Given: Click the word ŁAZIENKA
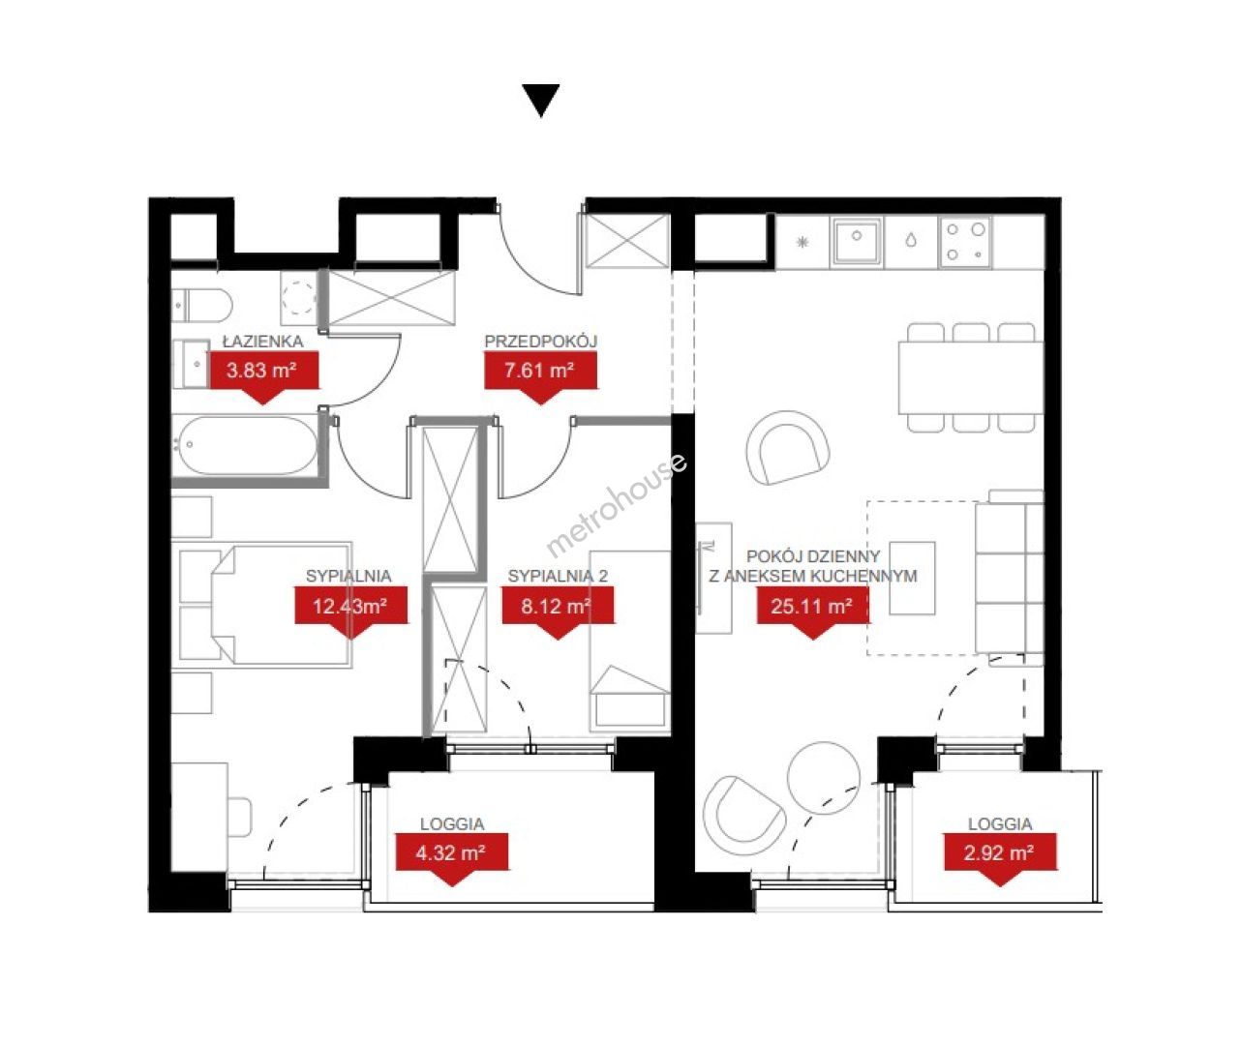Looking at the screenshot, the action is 262,341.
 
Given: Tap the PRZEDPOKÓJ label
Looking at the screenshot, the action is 540,341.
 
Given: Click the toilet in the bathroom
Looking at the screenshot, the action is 202,306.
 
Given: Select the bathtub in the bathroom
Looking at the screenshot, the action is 245,445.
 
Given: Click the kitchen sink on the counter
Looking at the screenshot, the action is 857,241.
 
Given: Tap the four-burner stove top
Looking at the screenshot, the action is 965,242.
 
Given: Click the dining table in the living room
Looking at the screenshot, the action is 971,377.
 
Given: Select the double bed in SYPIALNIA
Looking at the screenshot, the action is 281,605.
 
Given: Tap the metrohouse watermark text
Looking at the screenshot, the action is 616,505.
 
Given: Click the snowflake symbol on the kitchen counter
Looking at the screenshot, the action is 802,242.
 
